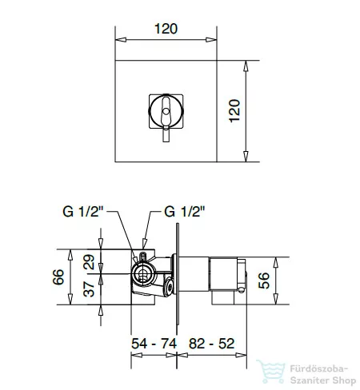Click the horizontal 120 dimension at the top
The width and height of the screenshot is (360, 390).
(166, 29)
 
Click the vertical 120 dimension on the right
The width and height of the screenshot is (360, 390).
(234, 111)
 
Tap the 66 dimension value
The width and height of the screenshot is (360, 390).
(58, 277)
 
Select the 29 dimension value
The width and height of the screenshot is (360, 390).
(89, 262)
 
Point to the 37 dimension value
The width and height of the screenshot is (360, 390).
(89, 289)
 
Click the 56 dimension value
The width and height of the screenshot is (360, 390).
(264, 281)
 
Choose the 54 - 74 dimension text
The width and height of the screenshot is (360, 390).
(154, 344)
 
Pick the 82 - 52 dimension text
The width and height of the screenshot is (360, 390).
(211, 344)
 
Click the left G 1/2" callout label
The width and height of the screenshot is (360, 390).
(82, 212)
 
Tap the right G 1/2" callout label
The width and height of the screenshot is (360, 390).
(185, 212)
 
